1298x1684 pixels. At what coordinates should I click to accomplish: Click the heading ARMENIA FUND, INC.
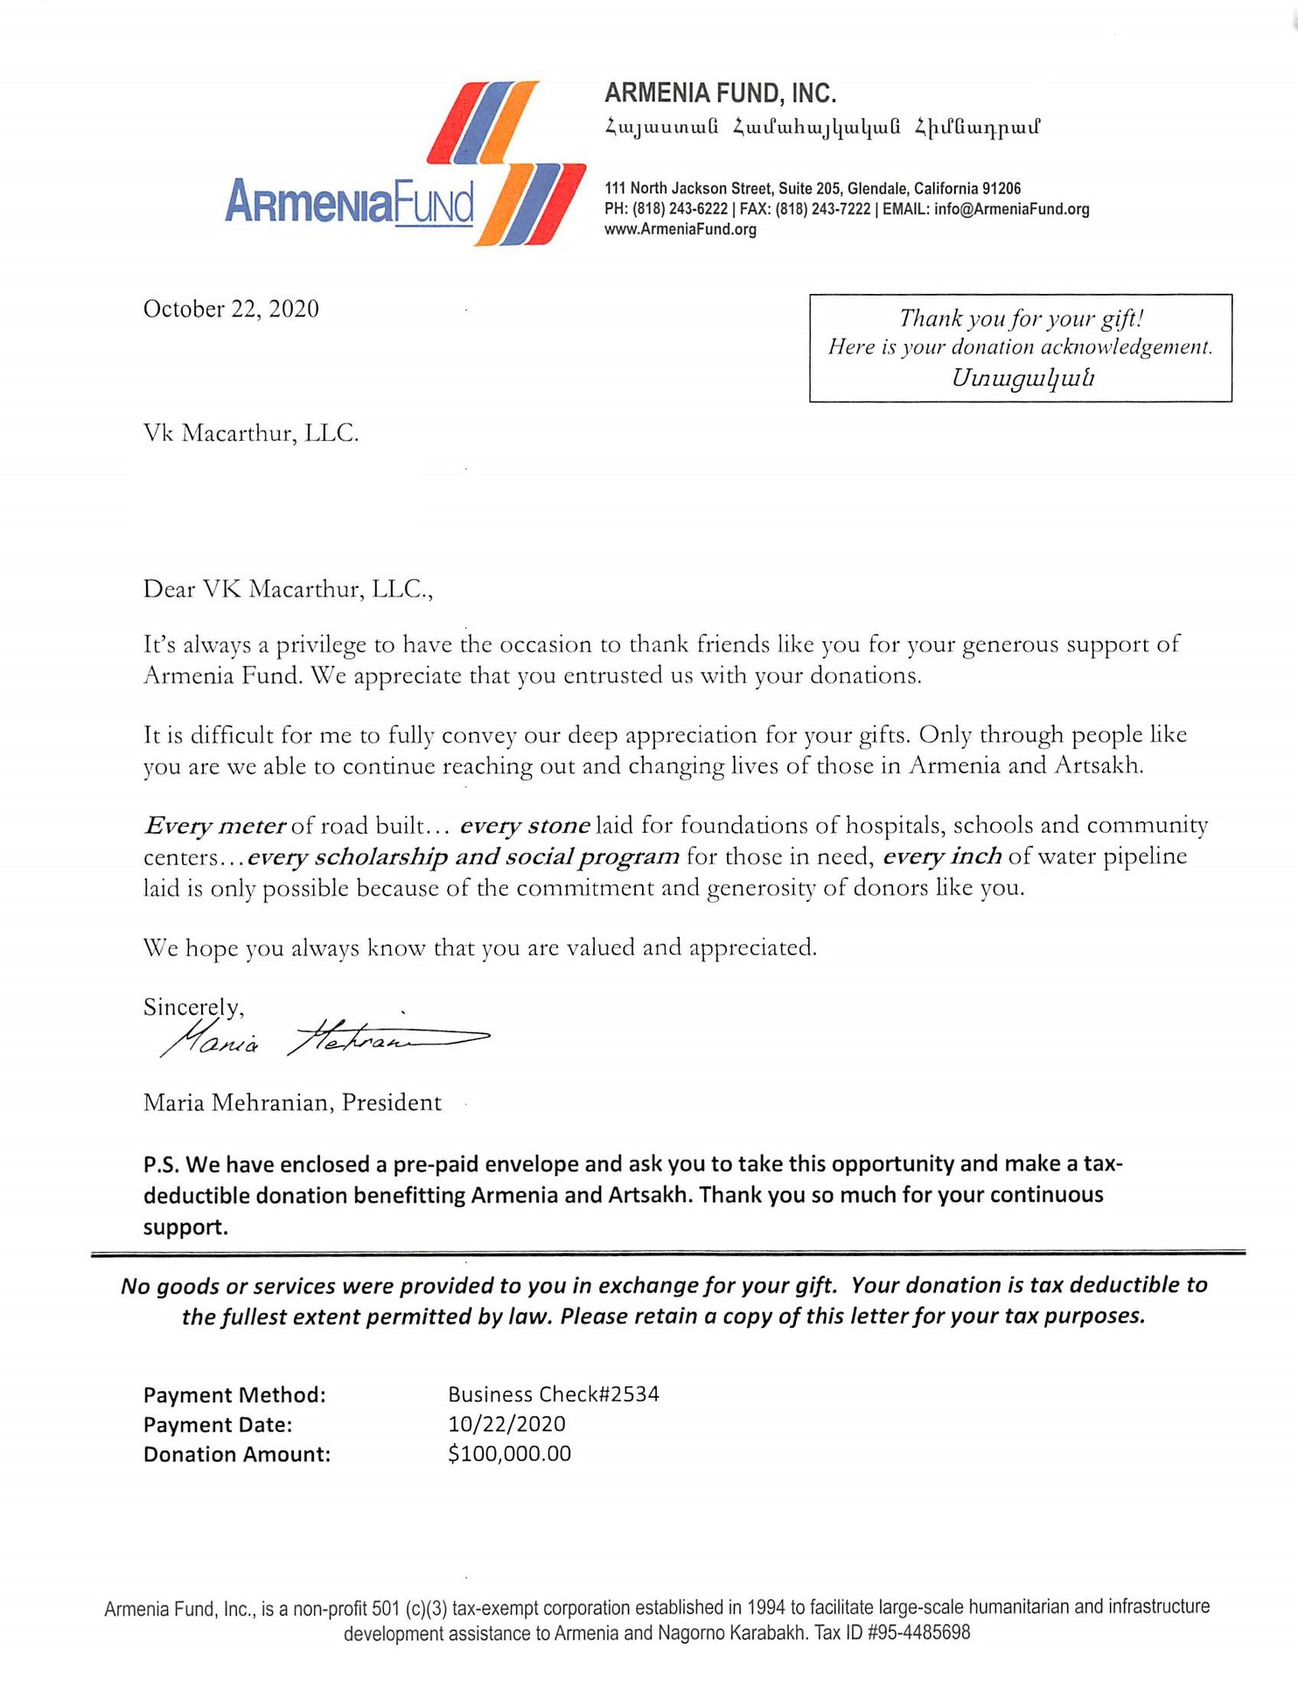click(x=720, y=93)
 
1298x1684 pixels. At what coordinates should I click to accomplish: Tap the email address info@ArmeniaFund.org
click(x=1011, y=209)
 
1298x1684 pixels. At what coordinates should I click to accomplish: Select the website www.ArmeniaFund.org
click(x=680, y=229)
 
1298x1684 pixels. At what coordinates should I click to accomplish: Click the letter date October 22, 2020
click(x=231, y=309)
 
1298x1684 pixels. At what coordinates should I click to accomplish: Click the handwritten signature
click(x=324, y=1038)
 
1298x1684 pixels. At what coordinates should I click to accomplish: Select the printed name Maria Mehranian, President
click(x=292, y=1102)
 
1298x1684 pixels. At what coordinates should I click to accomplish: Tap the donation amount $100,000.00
click(x=509, y=1454)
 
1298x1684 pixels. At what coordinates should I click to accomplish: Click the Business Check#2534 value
click(x=553, y=1394)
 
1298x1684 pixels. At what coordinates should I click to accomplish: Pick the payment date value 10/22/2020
click(x=506, y=1424)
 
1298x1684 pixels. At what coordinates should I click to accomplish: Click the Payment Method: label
click(x=234, y=1395)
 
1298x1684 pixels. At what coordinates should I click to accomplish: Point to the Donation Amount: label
click(x=237, y=1455)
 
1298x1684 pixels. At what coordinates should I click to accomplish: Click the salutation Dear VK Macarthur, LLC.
click(x=288, y=590)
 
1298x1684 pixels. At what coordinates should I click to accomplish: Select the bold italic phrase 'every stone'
click(x=525, y=826)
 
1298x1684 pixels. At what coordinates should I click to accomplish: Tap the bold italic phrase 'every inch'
click(x=942, y=856)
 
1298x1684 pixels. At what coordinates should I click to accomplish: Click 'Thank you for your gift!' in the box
click(x=1021, y=318)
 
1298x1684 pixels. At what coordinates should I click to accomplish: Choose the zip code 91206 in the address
click(x=1001, y=188)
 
